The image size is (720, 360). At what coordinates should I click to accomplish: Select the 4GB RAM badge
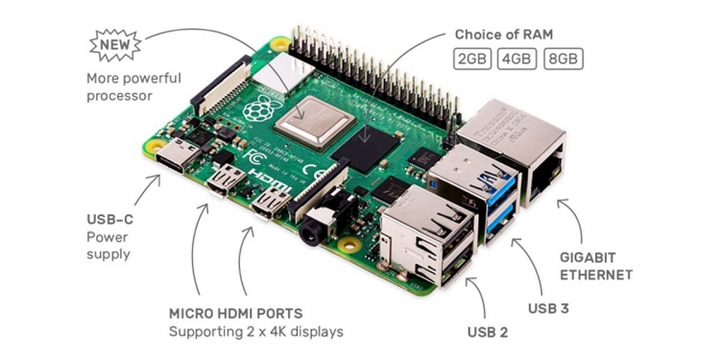click(517, 60)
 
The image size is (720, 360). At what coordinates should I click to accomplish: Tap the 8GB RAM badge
click(563, 60)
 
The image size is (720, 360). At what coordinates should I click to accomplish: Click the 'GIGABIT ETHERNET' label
click(596, 266)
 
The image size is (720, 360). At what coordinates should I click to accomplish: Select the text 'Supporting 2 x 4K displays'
click(256, 332)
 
